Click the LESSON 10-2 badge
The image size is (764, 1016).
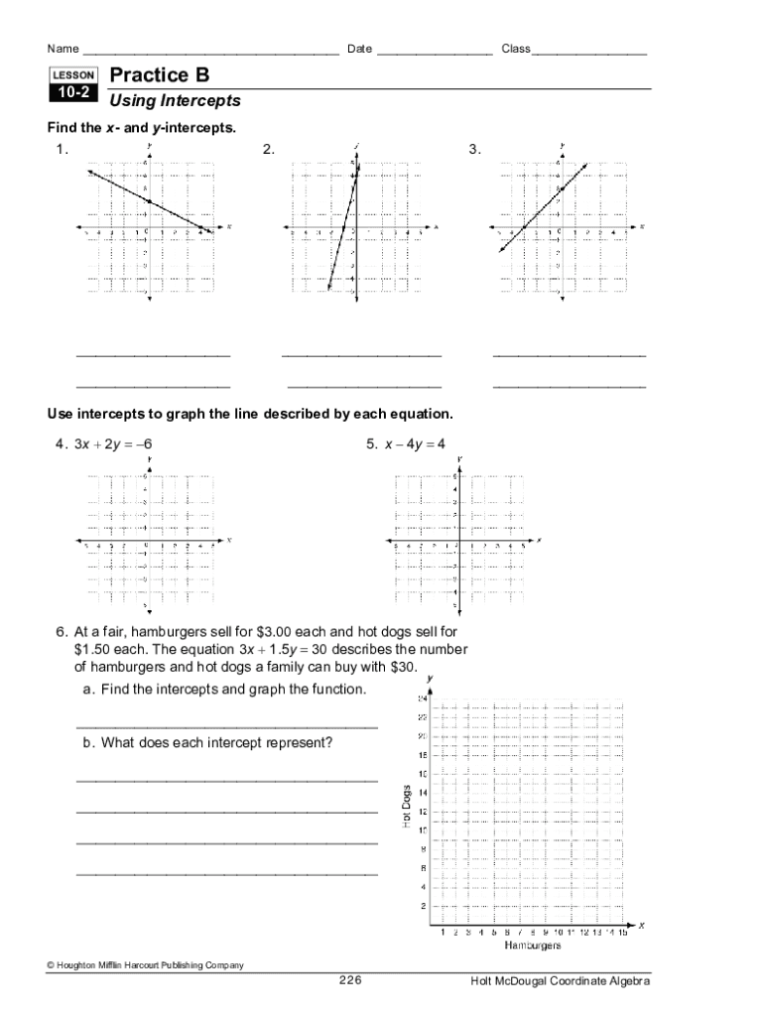click(x=72, y=85)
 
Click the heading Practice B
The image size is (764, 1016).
click(x=159, y=75)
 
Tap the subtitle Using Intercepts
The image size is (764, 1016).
click(x=175, y=101)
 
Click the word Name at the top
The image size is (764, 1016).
click(x=63, y=49)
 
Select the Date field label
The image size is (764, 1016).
click(x=358, y=49)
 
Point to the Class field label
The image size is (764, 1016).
click(x=516, y=49)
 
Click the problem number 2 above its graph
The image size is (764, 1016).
click(x=268, y=150)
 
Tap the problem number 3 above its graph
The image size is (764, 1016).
click(x=475, y=150)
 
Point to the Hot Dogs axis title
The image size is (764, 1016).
click(x=406, y=807)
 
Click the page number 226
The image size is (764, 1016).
click(x=350, y=980)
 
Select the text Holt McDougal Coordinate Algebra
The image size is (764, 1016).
click(x=561, y=980)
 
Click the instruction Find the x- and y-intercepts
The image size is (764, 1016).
click(x=142, y=128)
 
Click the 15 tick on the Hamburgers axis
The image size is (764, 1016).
click(x=622, y=933)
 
